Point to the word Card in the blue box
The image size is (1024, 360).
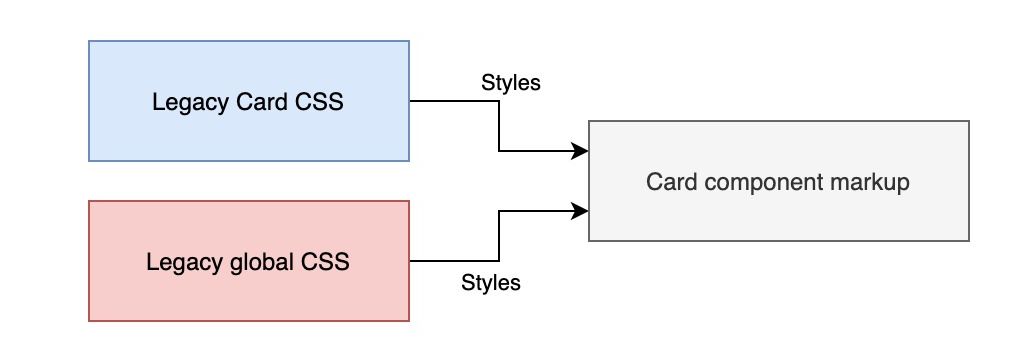pos(250,102)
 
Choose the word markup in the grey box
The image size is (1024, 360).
pos(876,182)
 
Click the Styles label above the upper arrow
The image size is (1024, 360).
pos(511,83)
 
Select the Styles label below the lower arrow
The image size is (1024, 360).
pos(491,283)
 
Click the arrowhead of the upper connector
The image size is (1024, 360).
pos(581,151)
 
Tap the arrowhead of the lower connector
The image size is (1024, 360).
pos(581,211)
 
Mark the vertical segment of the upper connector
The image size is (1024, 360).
pos(499,126)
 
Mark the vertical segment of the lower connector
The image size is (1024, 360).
pos(499,236)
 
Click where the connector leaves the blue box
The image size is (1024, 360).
pos(411,101)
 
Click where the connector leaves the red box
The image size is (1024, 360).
pos(411,261)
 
